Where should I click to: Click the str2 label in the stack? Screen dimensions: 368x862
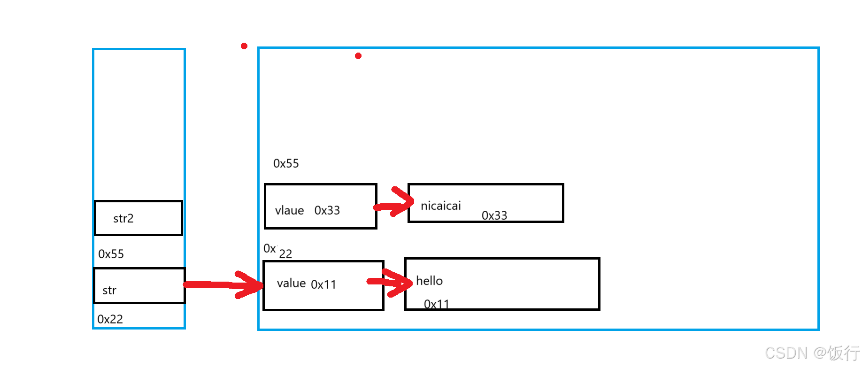[x=123, y=218]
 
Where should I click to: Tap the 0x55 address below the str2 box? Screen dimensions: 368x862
[x=111, y=254]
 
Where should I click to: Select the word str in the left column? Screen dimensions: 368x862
[x=109, y=291]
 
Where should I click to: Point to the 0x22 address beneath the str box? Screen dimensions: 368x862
[x=110, y=319]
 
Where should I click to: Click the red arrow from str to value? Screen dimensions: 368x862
[x=223, y=284]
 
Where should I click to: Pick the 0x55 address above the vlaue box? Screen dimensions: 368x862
[x=286, y=163]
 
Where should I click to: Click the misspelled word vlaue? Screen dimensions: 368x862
[x=289, y=211]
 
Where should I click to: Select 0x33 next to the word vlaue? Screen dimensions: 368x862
[x=327, y=210]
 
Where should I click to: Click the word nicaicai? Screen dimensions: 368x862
[x=441, y=206]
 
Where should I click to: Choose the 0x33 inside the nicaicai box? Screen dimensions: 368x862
[x=494, y=215]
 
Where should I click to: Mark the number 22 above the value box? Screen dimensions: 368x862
[x=285, y=254]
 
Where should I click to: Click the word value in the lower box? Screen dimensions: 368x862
[x=291, y=283]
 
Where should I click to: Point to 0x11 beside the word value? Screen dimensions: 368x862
[x=323, y=284]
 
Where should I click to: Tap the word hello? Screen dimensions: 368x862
[x=429, y=281]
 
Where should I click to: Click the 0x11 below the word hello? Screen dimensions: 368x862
[x=437, y=304]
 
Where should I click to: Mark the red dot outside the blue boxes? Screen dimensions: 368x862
[x=244, y=46]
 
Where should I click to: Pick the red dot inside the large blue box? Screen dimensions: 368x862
[x=358, y=56]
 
